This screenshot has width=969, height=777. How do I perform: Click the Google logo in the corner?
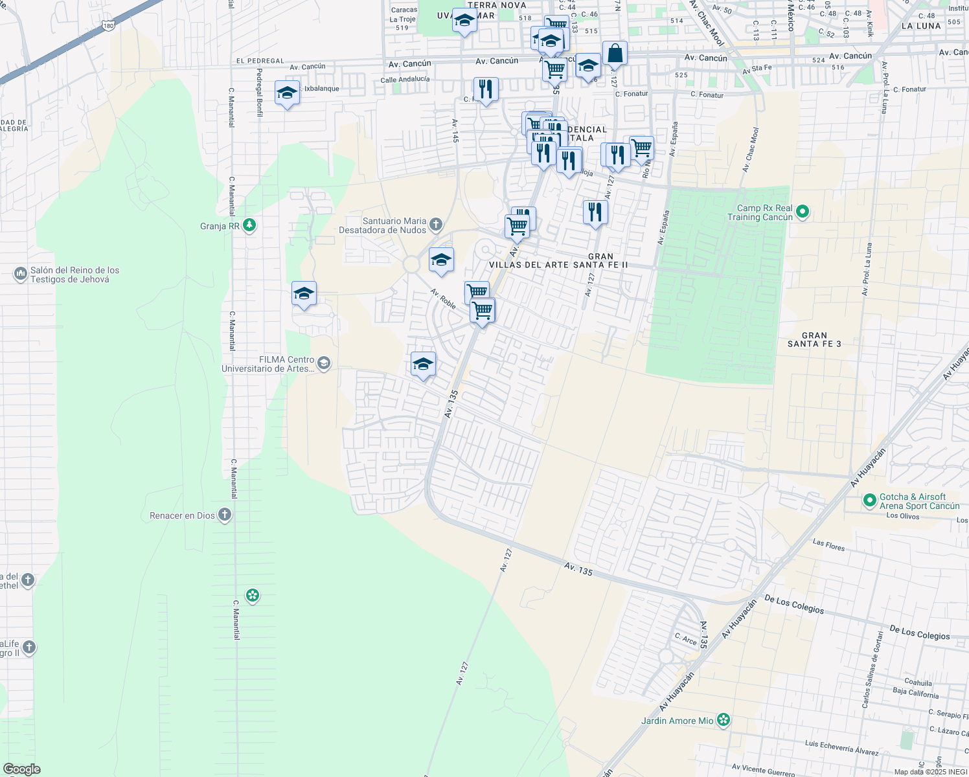(21, 769)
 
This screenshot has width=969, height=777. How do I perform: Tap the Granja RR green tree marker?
(249, 226)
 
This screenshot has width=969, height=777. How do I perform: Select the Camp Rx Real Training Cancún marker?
(803, 212)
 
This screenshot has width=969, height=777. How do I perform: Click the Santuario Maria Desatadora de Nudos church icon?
(436, 225)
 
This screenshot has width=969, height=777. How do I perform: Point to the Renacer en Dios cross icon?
(225, 515)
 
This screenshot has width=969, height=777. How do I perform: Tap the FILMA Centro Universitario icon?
(324, 364)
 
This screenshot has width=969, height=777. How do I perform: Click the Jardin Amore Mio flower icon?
(724, 721)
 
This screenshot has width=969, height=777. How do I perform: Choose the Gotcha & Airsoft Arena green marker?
(870, 501)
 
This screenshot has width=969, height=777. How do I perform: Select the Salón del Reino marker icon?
(20, 275)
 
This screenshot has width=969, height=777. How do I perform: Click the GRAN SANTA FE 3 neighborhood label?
(814, 340)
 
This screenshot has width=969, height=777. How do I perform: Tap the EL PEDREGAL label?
(260, 61)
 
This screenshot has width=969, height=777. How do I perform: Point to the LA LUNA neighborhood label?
(921, 26)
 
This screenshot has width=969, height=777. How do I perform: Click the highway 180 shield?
(108, 25)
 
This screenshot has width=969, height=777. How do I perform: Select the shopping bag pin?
(615, 54)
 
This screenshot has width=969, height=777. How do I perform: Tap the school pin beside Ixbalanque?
(287, 93)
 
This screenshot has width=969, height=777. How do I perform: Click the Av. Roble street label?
(443, 298)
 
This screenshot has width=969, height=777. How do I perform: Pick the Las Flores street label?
(828, 545)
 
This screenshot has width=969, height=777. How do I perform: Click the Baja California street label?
(915, 693)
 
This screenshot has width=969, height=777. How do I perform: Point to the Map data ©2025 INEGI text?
(930, 772)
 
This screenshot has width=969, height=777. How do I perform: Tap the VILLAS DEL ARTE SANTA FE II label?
(558, 265)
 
